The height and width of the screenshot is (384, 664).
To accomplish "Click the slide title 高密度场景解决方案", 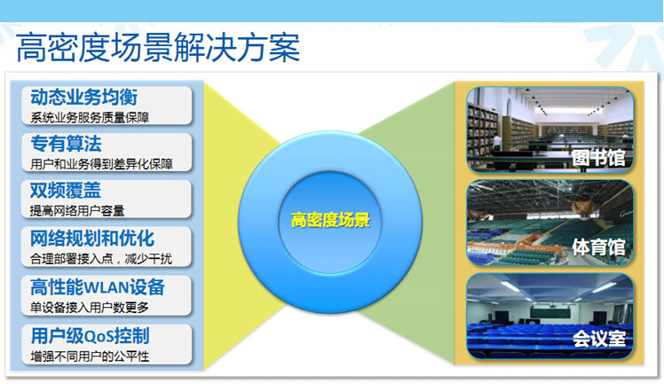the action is point(158,47).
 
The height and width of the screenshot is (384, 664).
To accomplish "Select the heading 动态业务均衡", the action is point(83,97).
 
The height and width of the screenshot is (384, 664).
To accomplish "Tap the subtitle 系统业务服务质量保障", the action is point(90,118).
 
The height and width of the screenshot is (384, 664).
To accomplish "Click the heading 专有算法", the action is point(66,144).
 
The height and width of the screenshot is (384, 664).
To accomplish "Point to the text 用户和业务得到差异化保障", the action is point(101,164).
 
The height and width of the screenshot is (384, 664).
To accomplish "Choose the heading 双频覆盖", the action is point(66,191).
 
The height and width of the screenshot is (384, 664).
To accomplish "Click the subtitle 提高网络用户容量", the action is point(77,210).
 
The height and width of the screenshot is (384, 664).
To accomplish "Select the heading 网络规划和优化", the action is point(92,238).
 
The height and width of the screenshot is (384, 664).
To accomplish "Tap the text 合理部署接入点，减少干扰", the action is point(101,258).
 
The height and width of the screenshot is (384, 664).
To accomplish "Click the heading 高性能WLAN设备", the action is point(98,287).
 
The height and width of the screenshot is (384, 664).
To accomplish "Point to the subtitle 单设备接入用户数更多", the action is point(90,308).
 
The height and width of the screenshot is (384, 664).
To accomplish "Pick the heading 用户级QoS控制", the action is point(91,336).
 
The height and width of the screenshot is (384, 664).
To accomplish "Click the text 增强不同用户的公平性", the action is point(90,357).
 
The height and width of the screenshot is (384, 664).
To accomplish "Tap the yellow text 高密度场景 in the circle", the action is point(330,220).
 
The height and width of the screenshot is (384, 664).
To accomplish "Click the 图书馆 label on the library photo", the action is point(598,158).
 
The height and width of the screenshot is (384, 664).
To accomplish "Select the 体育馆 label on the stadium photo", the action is point(598,247).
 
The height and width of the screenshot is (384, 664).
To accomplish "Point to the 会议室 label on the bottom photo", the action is point(599,338).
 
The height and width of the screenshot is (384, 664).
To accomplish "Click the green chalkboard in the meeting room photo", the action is point(549,314).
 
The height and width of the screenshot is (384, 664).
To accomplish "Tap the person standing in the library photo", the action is point(497,143).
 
